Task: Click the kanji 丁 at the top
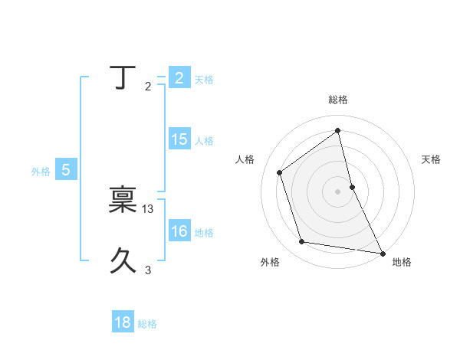coord(120,78)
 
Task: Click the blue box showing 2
coord(179,78)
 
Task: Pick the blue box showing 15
coord(179,139)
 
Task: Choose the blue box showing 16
coord(179,231)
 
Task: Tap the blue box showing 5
coord(66,170)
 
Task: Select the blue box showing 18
coord(123,322)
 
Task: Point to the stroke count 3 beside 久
coord(148,270)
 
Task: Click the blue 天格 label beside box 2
coord(204,80)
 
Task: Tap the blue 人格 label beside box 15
coord(204,141)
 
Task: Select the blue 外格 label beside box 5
coord(41,172)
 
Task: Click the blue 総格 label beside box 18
coord(147,324)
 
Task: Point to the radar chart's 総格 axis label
coord(338,100)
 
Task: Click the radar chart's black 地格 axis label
coord(402,262)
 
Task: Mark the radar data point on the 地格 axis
coord(382,252)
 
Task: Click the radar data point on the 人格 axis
coord(280,172)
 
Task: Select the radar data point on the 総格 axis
coord(338,130)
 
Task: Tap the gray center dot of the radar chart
coord(338,191)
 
